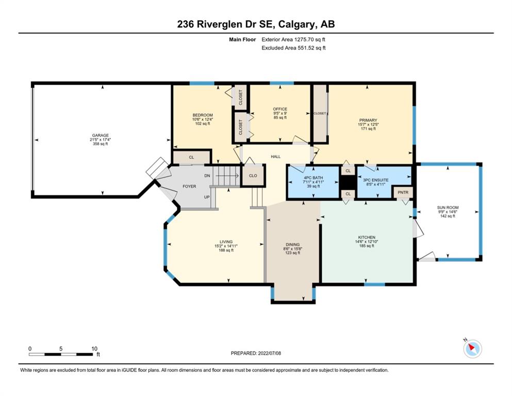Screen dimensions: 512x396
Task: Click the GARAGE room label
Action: (x=100, y=135)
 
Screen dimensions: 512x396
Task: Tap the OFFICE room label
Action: (x=280, y=109)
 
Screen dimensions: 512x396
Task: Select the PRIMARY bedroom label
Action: (x=368, y=120)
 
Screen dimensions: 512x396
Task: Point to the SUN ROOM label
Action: (x=448, y=207)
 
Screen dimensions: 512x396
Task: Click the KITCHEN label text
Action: (x=367, y=237)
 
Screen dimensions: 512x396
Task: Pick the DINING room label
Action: (x=292, y=244)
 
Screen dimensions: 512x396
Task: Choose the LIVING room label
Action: (x=226, y=242)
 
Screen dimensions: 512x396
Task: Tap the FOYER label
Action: (x=189, y=187)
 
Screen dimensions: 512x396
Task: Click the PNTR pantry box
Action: (x=403, y=192)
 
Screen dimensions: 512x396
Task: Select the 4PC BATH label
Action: (x=313, y=178)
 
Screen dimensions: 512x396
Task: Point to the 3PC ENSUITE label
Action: (x=376, y=180)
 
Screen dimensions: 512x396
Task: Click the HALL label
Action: (x=275, y=157)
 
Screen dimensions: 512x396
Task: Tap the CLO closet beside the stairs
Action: (x=253, y=175)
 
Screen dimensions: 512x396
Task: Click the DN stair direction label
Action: (x=207, y=176)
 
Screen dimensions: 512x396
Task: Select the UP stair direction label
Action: (x=207, y=197)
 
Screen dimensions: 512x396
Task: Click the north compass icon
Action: (x=472, y=349)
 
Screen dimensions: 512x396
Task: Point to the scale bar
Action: (x=61, y=354)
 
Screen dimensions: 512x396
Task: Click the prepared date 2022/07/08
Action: (x=269, y=353)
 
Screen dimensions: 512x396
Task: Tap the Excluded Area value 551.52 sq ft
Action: (x=311, y=48)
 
